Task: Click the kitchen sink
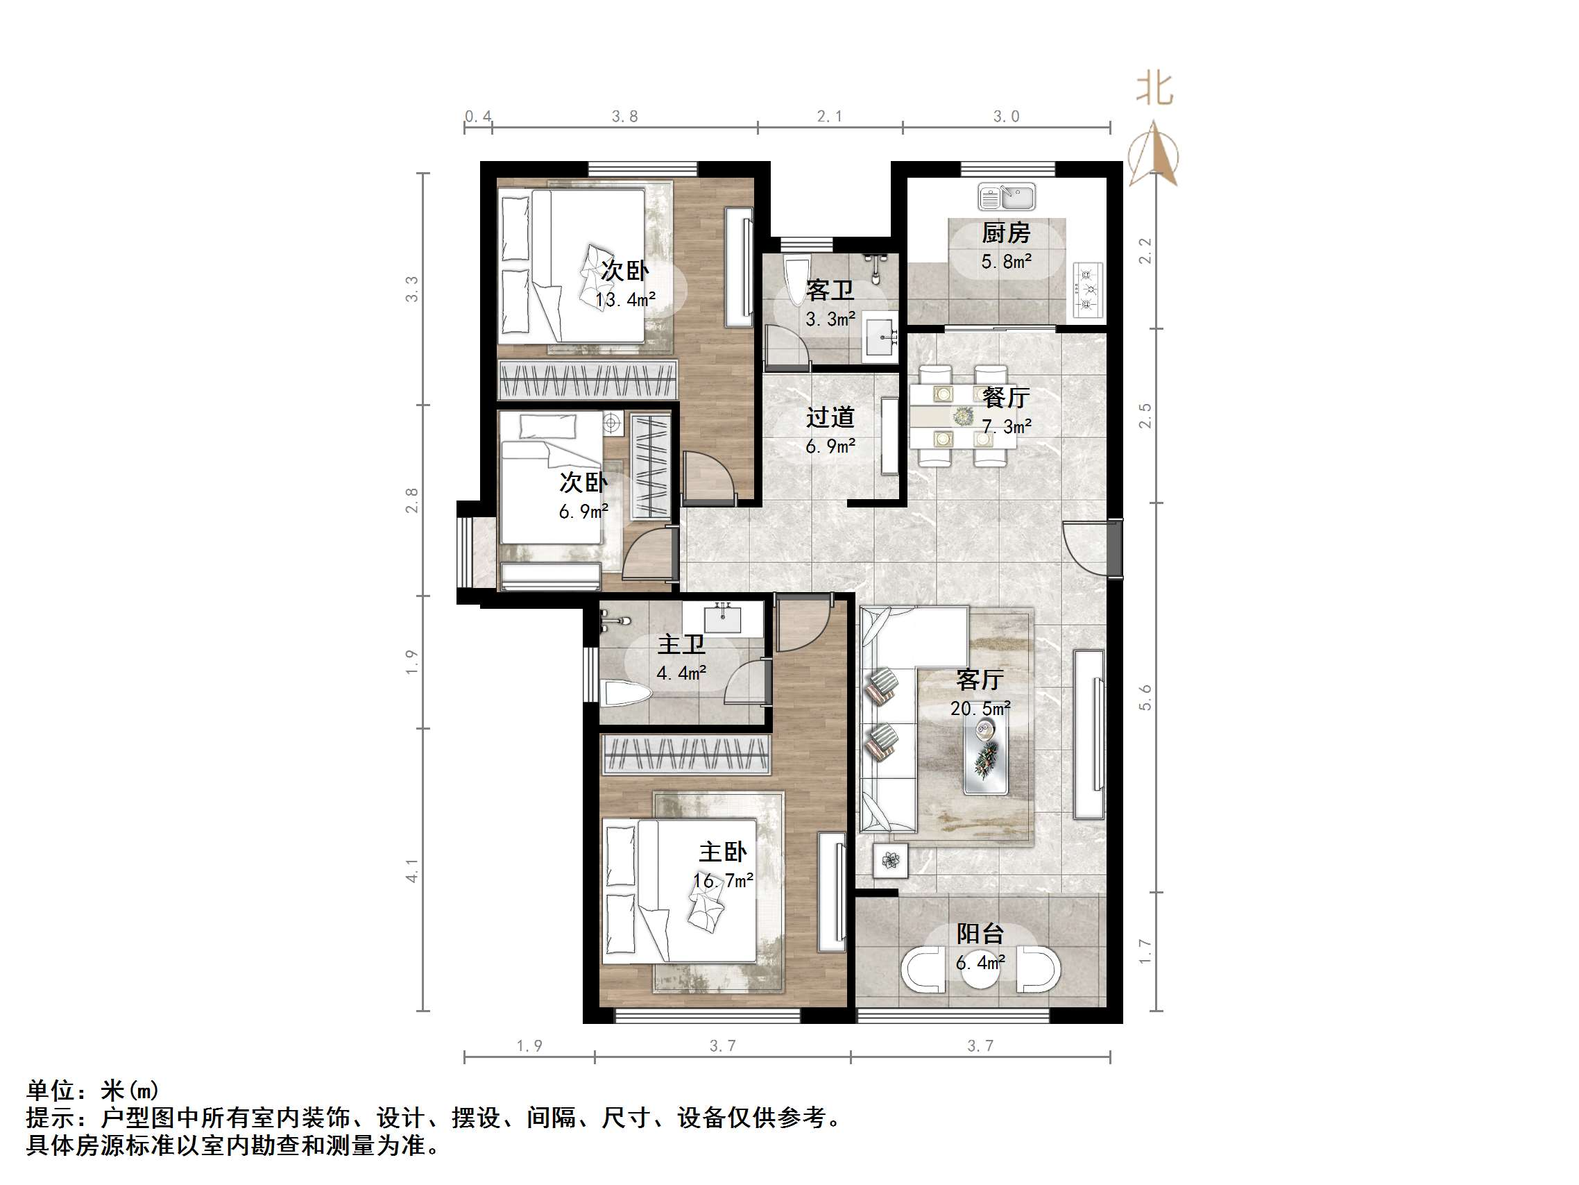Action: click(1007, 197)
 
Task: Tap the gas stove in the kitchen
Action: click(1089, 289)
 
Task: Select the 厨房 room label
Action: click(1006, 233)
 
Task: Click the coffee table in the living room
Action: click(987, 757)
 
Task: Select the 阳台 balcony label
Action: click(980, 934)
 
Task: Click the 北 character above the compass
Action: click(1154, 90)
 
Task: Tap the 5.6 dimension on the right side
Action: click(1145, 697)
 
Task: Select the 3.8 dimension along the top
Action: click(624, 117)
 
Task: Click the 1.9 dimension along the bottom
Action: click(529, 1045)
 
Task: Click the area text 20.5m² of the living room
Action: click(980, 708)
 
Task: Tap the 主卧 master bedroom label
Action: click(722, 851)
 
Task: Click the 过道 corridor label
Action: click(830, 417)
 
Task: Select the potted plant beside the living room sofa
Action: click(890, 861)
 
